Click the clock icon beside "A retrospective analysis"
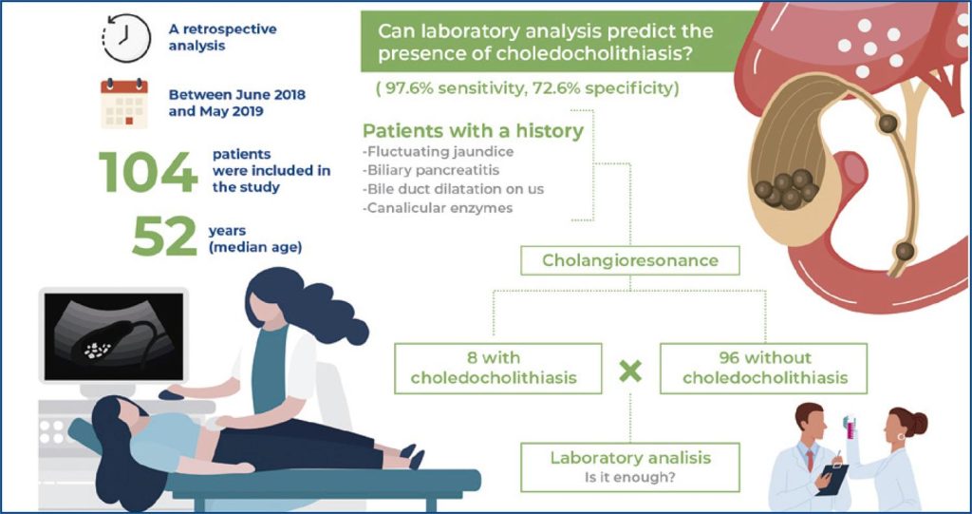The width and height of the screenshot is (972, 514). coord(126,39)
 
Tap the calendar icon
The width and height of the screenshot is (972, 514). coord(124,103)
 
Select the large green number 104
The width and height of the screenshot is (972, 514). coord(148,172)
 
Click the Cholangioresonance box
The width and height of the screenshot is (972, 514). coord(630,260)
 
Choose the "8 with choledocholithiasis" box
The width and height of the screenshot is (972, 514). coord(497,368)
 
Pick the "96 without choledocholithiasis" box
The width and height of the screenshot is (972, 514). coord(765,368)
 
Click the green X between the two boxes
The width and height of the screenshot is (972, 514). coord(630,371)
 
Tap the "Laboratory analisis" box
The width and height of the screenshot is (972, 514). coord(630,466)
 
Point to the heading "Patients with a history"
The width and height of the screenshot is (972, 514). coord(473,131)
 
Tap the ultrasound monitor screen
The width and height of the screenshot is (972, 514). coord(114,335)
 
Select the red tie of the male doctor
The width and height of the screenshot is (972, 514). coord(811,461)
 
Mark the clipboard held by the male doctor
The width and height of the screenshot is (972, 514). coord(832,479)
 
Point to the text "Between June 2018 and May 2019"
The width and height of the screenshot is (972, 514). coord(236,103)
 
